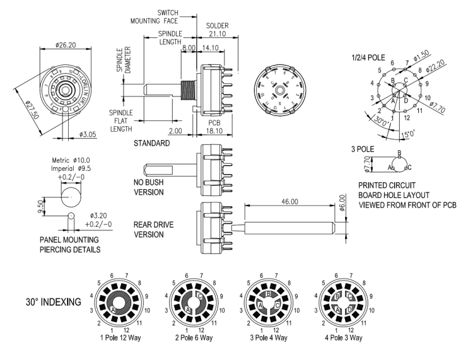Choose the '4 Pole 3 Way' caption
pos(341,338)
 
